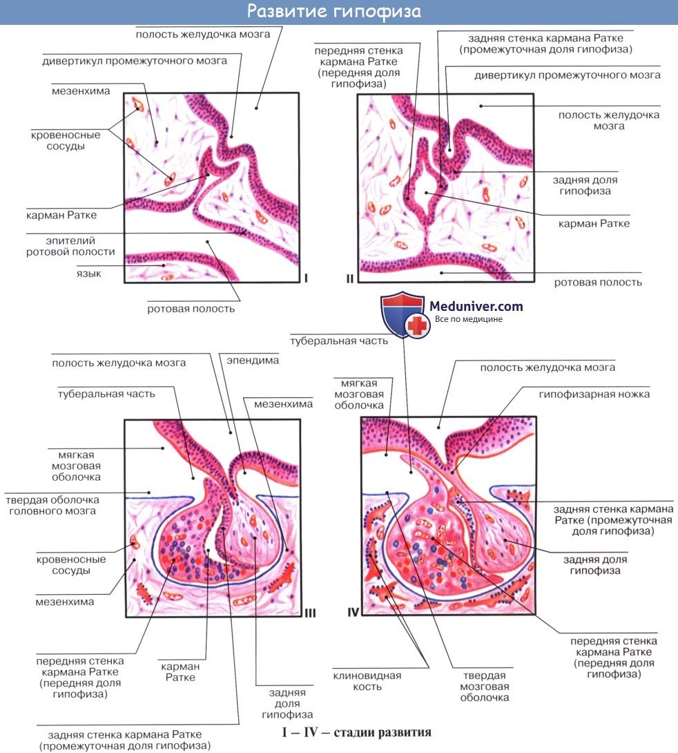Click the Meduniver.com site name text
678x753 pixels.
point(476,306)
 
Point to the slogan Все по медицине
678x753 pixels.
point(468,319)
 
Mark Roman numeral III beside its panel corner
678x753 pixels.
point(309,612)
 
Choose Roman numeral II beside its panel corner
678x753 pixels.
point(349,278)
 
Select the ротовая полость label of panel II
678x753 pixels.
point(599,282)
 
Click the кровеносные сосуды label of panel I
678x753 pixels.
point(66,141)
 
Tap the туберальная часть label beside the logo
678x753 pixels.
point(338,341)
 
